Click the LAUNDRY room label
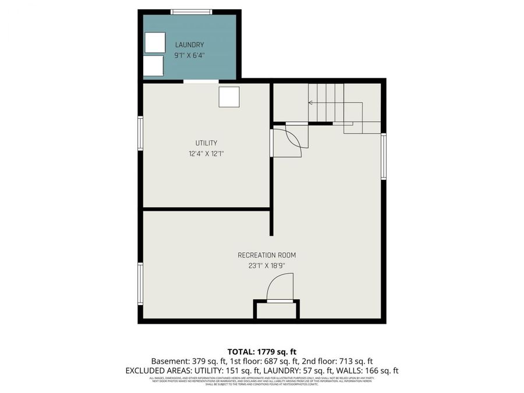point(190,45)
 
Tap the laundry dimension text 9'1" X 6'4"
point(190,56)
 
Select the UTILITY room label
point(206,143)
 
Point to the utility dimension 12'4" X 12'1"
point(206,154)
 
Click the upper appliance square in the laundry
point(155,43)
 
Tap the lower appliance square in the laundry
point(154,66)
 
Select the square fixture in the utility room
point(229,97)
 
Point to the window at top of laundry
point(192,12)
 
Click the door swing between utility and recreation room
point(289,142)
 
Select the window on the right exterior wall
point(384,156)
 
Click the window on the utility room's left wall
point(140,133)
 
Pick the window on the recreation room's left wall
point(140,284)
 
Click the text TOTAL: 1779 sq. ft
point(261,352)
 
